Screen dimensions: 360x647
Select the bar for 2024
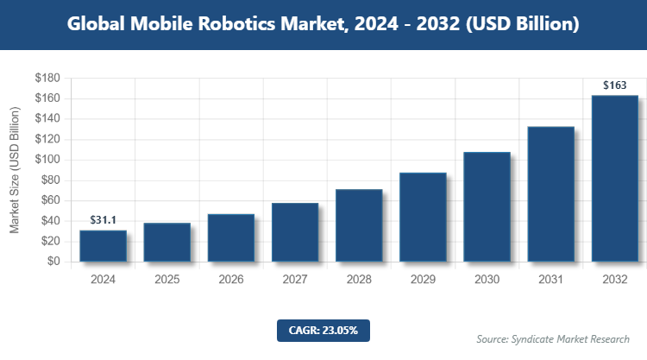[104, 245]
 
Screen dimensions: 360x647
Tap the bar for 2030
[487, 206]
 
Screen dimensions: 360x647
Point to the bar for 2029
[423, 217]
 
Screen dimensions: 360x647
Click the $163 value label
[614, 85]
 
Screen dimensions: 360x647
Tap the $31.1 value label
[104, 221]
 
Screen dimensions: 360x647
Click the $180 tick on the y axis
[47, 79]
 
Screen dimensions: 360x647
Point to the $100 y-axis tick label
[47, 160]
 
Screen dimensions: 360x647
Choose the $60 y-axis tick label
[49, 200]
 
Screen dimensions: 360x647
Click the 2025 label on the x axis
[167, 280]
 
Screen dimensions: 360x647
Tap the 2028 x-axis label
[359, 280]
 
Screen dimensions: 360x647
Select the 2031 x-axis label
[550, 280]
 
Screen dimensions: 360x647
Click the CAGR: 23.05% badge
[323, 330]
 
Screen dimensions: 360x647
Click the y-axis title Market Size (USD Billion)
[15, 170]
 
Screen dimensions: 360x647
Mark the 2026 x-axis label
[231, 280]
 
